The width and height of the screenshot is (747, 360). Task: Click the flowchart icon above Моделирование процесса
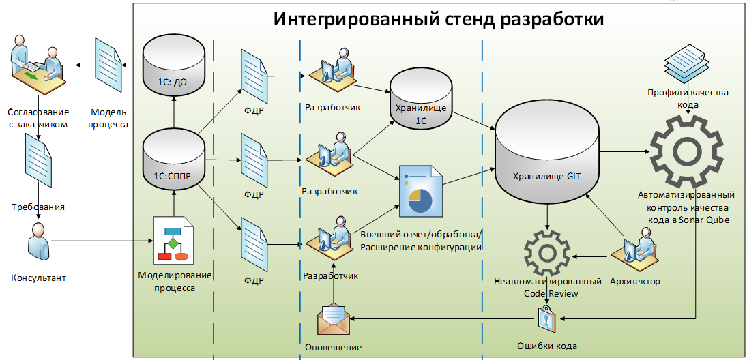[173, 239]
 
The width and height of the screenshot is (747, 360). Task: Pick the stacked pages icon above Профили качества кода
[688, 63]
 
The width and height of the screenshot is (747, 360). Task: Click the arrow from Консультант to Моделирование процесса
[102, 241]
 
